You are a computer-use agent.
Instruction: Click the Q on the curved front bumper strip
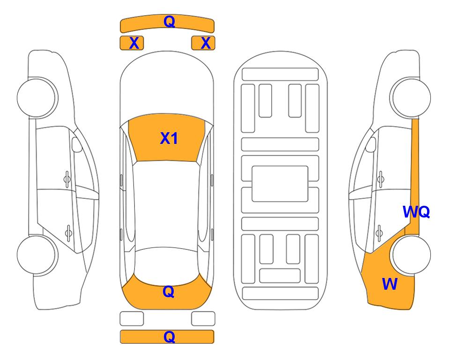(x=169, y=22)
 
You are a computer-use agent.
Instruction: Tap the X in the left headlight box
(x=134, y=43)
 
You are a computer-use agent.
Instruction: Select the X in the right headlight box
(x=206, y=43)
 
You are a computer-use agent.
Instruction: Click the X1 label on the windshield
(x=169, y=138)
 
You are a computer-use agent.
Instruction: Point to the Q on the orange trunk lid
(x=169, y=292)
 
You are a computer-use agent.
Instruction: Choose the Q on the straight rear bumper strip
(x=169, y=337)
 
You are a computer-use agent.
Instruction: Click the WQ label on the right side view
(x=416, y=212)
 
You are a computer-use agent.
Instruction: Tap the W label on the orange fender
(x=390, y=284)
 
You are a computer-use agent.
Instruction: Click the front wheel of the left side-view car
(x=37, y=97)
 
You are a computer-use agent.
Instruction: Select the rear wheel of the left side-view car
(x=37, y=255)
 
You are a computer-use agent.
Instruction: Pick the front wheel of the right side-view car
(x=410, y=97)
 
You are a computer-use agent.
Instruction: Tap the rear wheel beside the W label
(x=411, y=255)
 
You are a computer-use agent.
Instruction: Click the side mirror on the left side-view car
(x=76, y=144)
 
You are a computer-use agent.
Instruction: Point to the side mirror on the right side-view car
(x=371, y=144)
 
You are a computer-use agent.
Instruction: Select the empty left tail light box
(x=132, y=319)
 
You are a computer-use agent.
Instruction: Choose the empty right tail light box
(x=203, y=319)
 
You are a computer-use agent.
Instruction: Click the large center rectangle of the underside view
(x=280, y=184)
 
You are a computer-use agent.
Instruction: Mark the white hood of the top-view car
(x=167, y=86)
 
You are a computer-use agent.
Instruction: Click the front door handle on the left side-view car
(x=67, y=179)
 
